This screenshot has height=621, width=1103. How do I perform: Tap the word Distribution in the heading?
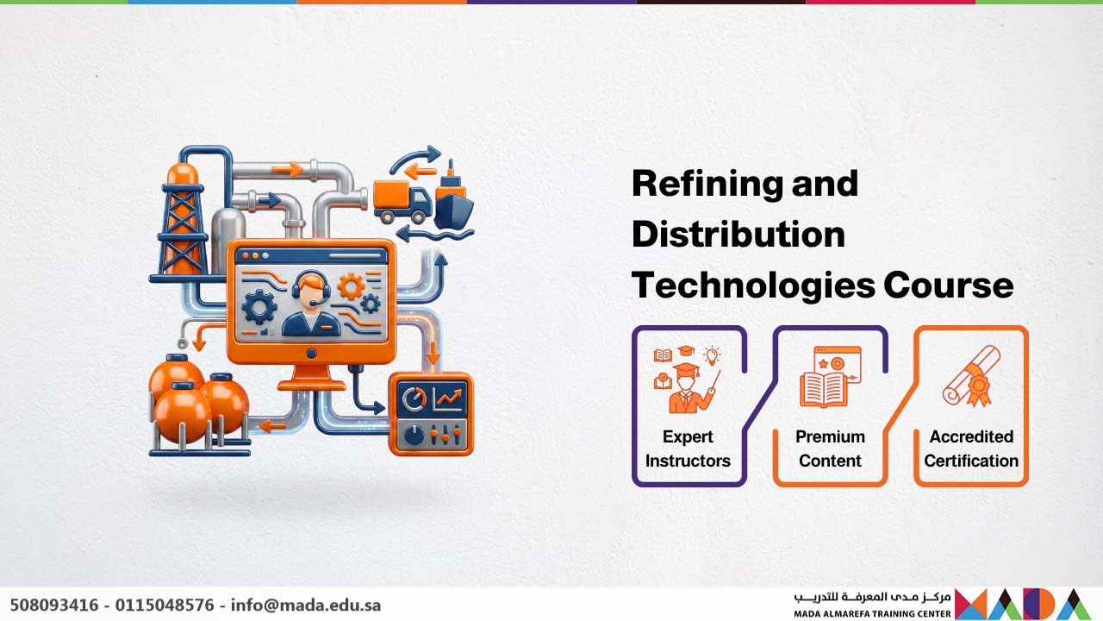point(738,234)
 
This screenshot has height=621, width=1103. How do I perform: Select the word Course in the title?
point(949,285)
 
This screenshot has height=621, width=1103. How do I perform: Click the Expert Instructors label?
point(688,448)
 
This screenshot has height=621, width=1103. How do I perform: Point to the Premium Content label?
point(830,448)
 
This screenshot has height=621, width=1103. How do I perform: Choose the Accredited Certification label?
point(971,448)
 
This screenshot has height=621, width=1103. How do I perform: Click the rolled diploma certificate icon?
point(971,375)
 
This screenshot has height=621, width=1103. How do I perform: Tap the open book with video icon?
point(830,377)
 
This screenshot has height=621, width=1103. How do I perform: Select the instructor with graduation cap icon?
point(688,379)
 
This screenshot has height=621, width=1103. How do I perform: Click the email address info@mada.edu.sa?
point(306,605)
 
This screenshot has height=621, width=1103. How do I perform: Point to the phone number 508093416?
point(54,605)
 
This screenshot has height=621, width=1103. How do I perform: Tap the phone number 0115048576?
point(165,605)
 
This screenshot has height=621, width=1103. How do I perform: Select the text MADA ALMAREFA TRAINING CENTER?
point(872,614)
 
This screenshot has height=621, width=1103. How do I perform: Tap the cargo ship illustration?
point(453,198)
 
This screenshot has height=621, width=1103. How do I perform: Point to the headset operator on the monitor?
point(311,304)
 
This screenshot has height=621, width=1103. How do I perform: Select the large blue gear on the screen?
point(259,306)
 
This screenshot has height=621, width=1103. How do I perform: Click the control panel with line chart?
point(432,414)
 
